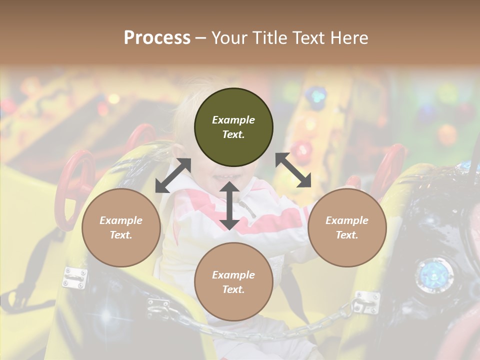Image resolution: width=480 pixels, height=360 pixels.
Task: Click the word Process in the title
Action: click(157, 38)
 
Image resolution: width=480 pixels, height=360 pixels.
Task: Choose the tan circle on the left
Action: click(121, 227)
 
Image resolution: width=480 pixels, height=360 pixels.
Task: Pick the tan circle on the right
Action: click(347, 227)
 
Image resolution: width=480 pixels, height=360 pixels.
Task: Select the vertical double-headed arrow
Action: click(229, 206)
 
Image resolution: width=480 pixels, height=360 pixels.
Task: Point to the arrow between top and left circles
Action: click(173, 175)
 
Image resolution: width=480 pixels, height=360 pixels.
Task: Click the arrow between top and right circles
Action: click(293, 170)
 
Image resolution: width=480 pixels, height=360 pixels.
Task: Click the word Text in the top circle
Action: click(233, 134)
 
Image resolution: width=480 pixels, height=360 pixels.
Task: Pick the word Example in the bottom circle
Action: click(233, 274)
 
